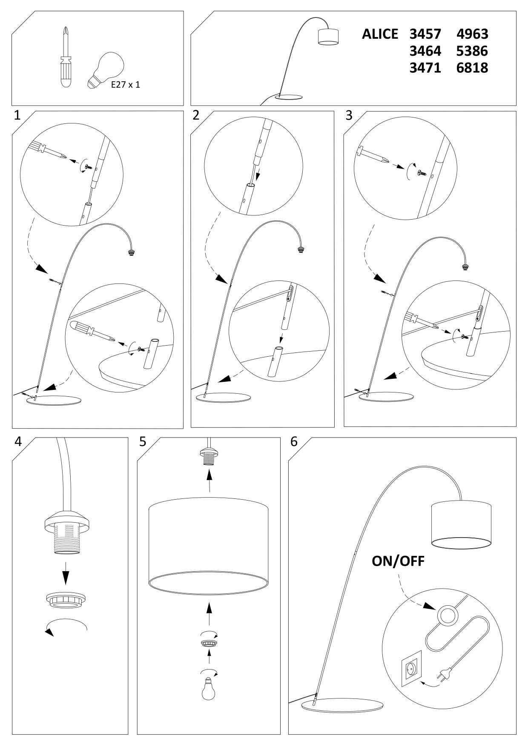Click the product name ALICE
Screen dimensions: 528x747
click(380, 34)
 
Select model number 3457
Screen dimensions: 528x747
click(425, 34)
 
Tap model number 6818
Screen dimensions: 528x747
click(472, 68)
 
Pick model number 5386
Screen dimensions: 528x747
click(472, 51)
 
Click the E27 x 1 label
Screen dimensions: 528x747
click(126, 85)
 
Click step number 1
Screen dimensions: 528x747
click(17, 115)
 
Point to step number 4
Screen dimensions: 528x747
click(18, 441)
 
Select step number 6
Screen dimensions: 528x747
click(294, 441)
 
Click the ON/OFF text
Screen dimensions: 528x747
click(398, 561)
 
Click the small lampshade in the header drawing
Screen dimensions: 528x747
click(329, 37)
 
